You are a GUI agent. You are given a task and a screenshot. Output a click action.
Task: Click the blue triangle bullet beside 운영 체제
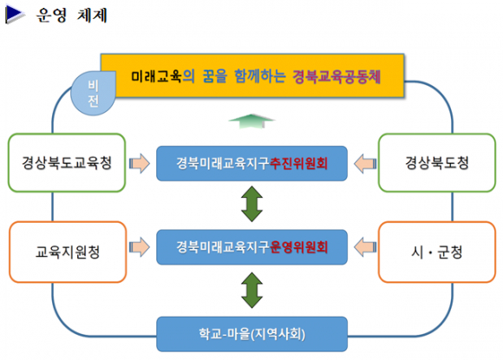(14, 15)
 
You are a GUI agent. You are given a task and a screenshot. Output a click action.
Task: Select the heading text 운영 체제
(71, 15)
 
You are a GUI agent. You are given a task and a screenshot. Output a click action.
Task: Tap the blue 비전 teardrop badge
(93, 93)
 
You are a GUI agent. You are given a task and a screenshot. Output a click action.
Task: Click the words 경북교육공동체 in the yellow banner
(336, 76)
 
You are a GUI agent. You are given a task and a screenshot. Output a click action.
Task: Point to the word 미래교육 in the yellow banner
(157, 76)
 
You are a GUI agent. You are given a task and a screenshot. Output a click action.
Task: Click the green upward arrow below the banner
(251, 121)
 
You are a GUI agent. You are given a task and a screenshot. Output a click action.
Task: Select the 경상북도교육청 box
(67, 163)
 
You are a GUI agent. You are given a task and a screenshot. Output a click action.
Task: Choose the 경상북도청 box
(437, 163)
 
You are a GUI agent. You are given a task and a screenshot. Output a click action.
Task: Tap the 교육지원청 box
(68, 252)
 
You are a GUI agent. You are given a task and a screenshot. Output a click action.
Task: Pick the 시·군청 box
(437, 252)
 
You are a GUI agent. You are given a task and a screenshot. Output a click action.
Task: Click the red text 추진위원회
(298, 163)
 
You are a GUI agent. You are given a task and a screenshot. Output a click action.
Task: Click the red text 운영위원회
(298, 247)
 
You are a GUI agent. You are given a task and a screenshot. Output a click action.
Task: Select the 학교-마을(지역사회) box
(251, 334)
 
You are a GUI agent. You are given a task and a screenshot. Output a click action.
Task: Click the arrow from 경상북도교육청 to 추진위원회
(140, 163)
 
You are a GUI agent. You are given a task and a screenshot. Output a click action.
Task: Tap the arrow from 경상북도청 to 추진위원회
(365, 163)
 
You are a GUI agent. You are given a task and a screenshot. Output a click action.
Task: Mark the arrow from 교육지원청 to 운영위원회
(140, 247)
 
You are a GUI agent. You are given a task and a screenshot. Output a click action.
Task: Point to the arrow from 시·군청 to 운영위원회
(365, 247)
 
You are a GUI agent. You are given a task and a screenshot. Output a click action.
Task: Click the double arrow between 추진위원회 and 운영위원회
(251, 204)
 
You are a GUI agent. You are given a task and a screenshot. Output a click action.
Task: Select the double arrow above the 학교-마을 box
(251, 291)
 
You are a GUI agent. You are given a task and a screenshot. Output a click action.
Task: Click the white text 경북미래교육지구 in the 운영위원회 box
(223, 247)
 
